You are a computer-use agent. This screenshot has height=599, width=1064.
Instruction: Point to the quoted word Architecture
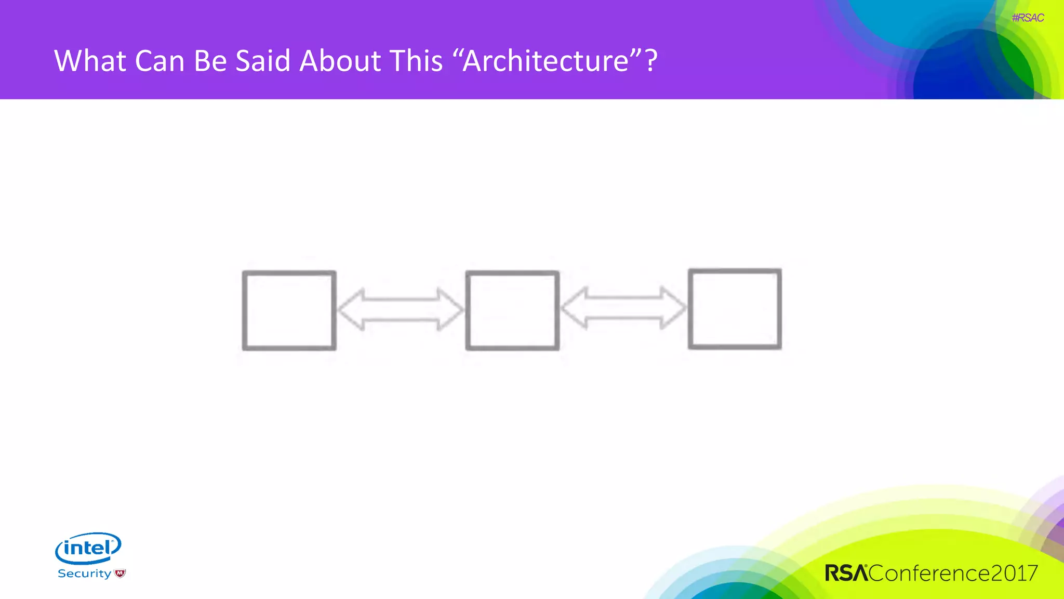(546, 61)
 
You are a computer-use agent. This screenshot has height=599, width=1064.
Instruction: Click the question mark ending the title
(651, 61)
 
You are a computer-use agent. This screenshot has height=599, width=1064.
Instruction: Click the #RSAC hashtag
(1028, 18)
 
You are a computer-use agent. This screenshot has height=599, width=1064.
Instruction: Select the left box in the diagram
(289, 310)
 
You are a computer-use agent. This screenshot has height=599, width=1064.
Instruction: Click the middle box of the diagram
(512, 310)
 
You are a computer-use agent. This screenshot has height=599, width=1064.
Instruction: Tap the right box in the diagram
(735, 309)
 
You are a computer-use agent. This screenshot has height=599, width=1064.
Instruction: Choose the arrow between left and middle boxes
(400, 309)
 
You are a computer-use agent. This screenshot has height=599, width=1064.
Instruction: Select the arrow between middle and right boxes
(623, 308)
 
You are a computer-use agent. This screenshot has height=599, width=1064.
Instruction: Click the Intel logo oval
(88, 548)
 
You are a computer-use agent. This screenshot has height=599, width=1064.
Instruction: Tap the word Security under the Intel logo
(84, 574)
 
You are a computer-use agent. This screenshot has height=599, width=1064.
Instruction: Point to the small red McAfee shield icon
(120, 574)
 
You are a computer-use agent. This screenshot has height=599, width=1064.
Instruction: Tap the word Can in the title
(159, 61)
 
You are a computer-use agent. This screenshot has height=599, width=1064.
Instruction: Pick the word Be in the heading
(210, 61)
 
